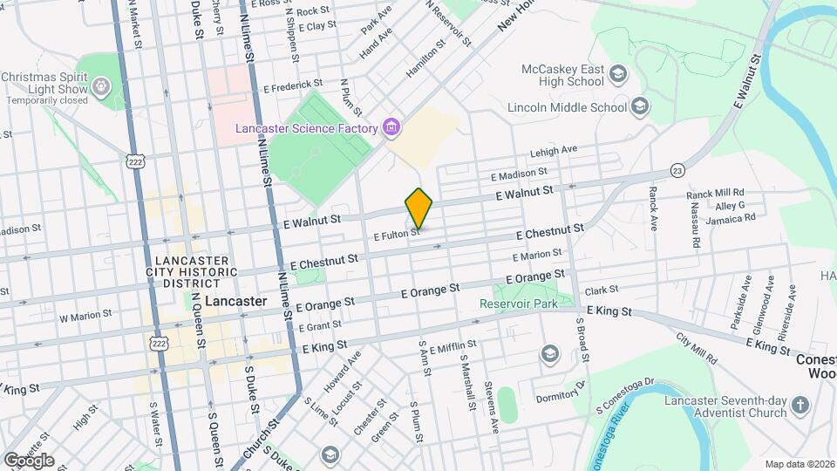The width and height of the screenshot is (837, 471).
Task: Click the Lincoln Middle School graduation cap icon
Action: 640,107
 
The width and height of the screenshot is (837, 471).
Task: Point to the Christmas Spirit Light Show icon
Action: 101,85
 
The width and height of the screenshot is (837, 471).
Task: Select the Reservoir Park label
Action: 518,304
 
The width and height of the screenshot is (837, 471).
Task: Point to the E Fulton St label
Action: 397,235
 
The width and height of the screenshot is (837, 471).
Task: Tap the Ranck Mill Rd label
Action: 715,192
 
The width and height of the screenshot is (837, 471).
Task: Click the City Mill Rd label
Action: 697,349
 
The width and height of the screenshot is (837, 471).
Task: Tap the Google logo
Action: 29,460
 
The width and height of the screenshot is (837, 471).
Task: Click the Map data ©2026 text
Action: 800,464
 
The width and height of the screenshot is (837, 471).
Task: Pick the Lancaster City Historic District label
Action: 192,271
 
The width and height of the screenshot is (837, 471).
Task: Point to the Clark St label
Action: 601,290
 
